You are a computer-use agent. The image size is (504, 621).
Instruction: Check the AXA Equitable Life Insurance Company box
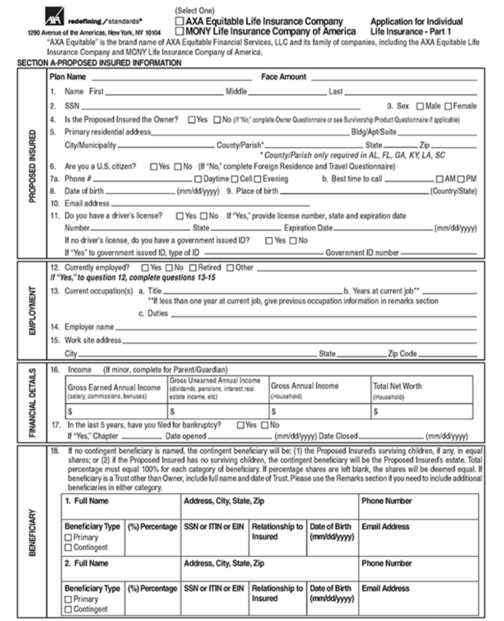(x=180, y=21)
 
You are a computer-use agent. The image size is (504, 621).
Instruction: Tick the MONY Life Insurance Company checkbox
(x=180, y=31)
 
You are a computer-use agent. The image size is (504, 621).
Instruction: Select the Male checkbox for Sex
(x=420, y=106)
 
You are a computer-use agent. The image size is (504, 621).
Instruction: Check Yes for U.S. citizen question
(x=153, y=167)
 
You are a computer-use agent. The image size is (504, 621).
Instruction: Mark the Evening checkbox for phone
(x=257, y=179)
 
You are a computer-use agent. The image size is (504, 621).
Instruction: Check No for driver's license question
(x=205, y=216)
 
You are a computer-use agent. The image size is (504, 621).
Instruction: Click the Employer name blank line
(x=293, y=328)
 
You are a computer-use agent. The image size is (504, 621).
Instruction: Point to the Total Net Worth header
(x=397, y=386)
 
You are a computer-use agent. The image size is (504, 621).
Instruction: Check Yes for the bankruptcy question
(x=240, y=425)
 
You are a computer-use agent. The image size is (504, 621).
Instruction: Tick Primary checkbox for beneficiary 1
(x=68, y=537)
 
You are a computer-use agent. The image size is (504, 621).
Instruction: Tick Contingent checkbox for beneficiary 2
(x=68, y=609)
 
